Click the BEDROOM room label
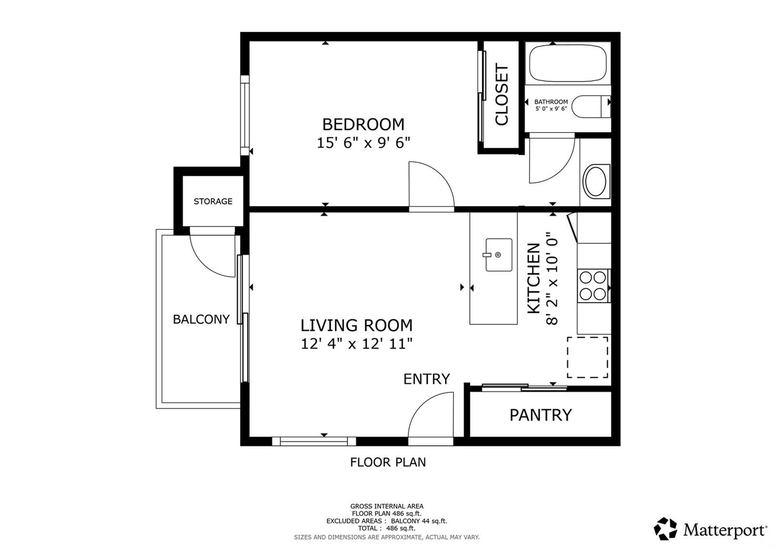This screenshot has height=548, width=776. point(363,124)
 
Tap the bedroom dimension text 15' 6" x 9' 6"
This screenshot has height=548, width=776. point(363,143)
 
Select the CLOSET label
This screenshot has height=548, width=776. point(501,94)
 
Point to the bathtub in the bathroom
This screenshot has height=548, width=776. point(568,64)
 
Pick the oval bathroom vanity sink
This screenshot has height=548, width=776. point(595,181)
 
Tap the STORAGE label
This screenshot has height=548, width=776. point(213,201)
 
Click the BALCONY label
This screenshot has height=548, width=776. point(201,319)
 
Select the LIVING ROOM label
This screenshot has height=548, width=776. point(356,325)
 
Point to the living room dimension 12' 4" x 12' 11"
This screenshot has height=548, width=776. point(356,344)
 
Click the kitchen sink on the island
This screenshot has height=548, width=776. point(499,255)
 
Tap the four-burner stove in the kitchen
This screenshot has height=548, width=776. point(593,286)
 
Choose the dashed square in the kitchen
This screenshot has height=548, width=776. point(587,357)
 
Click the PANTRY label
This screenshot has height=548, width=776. point(540,415)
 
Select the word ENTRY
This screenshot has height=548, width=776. point(426,379)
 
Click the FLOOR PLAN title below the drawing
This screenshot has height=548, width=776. point(388,462)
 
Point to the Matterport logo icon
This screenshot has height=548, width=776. point(665,529)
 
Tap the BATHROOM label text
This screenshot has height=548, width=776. point(551,102)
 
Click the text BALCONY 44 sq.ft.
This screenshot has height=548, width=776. point(419,521)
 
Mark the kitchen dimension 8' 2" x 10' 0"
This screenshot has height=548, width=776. point(552,281)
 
